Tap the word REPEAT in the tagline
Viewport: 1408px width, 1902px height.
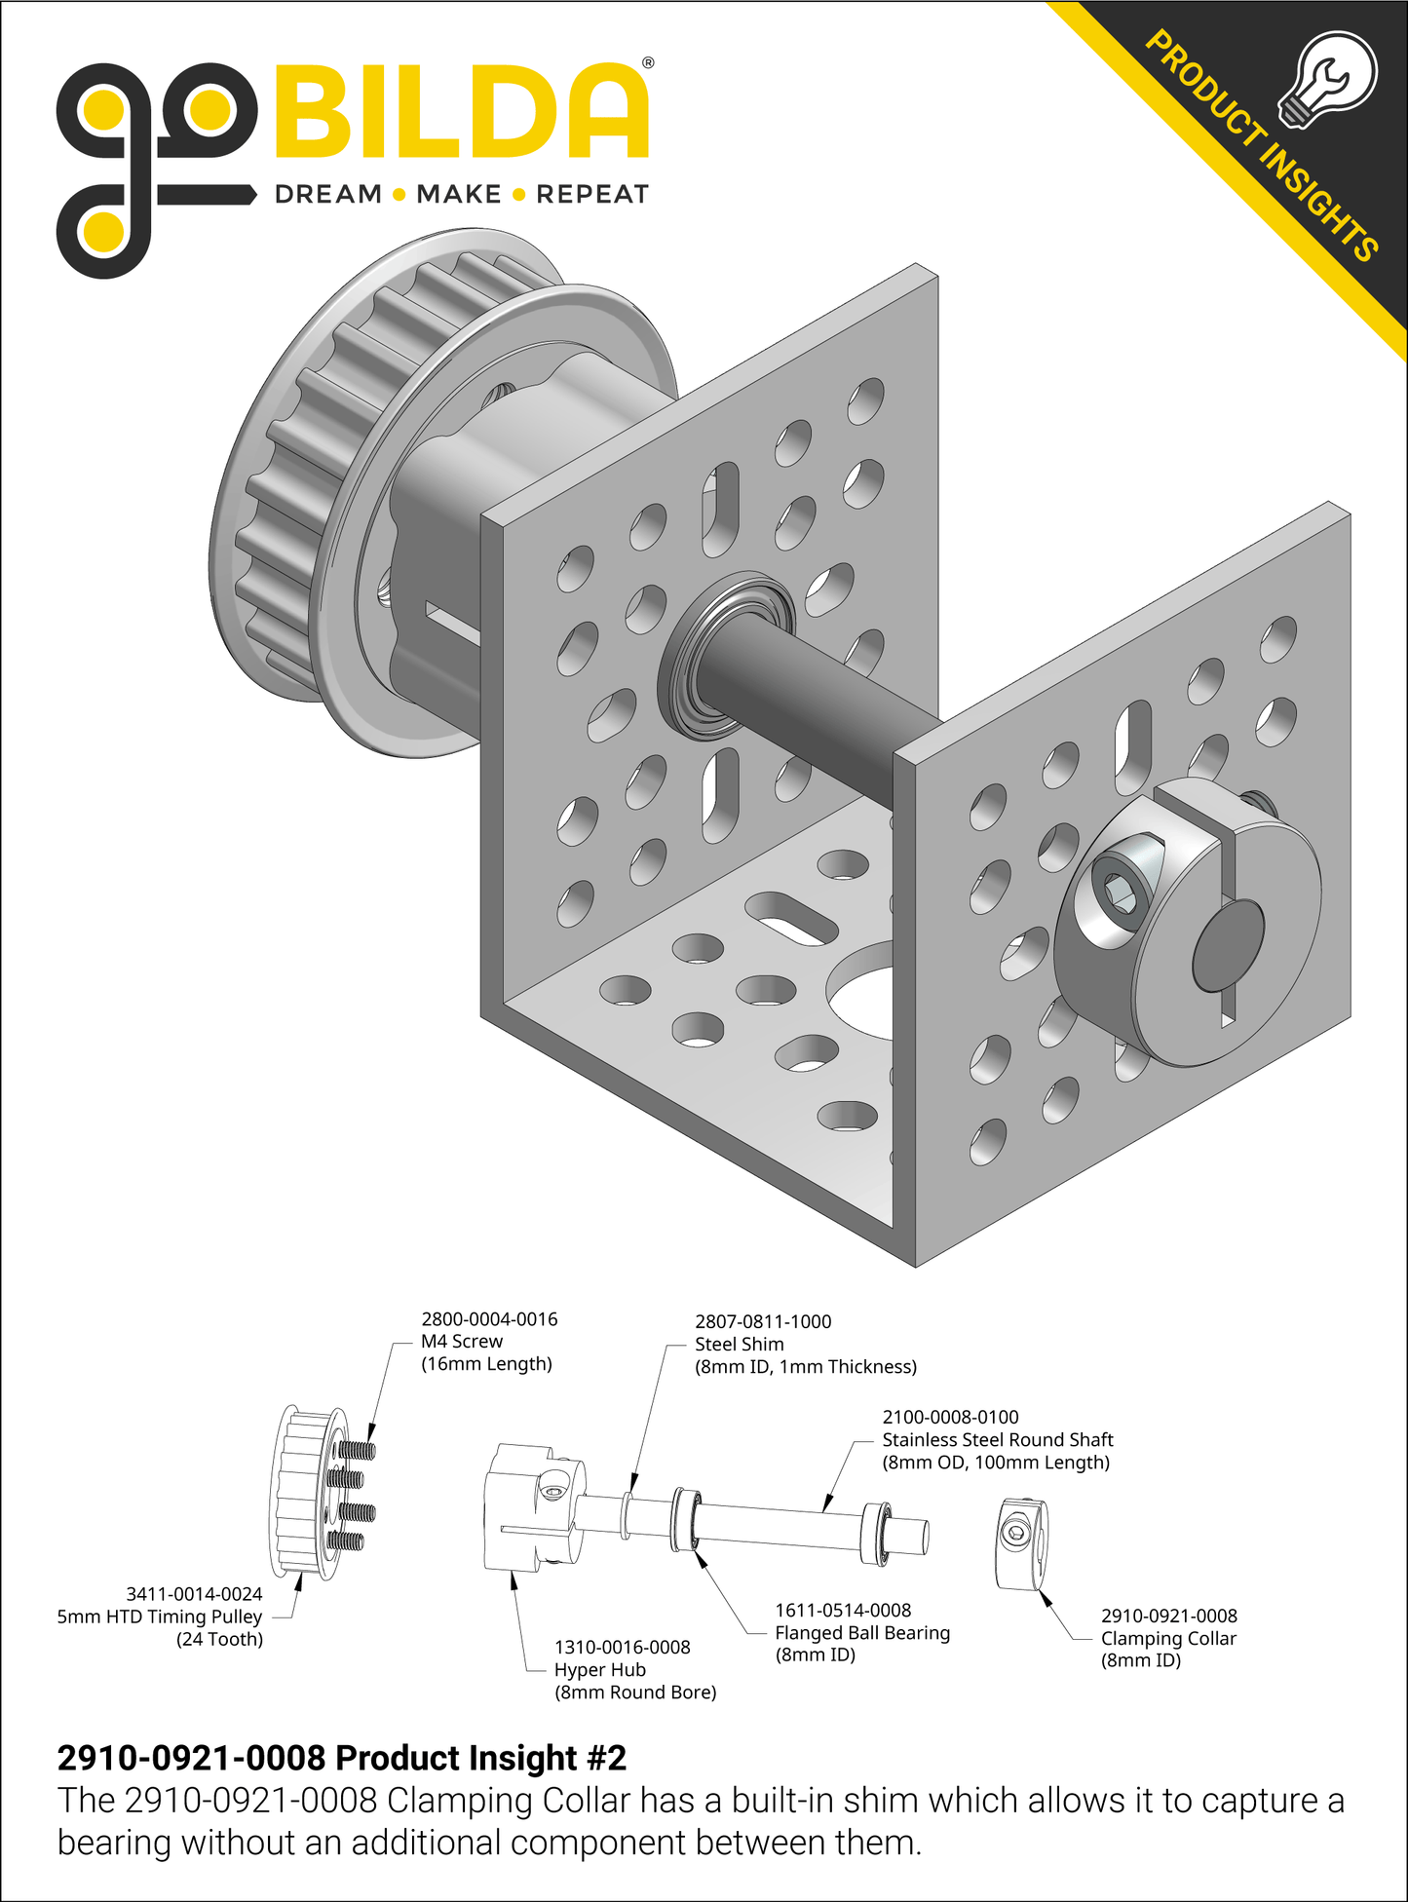click(x=592, y=195)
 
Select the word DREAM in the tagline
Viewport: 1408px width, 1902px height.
click(x=328, y=195)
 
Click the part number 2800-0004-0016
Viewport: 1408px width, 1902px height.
click(x=489, y=1319)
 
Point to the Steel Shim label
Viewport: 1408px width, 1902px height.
click(x=739, y=1345)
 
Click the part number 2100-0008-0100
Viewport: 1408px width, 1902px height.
click(x=950, y=1417)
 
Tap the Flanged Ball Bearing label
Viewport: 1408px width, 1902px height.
click(x=862, y=1633)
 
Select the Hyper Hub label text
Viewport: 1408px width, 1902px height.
click(x=600, y=1670)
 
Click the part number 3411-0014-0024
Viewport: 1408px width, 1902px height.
click(x=194, y=1594)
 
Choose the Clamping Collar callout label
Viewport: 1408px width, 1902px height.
click(x=1168, y=1639)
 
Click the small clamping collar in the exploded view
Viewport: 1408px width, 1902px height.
click(x=1022, y=1544)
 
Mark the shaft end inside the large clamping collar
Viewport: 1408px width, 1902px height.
click(x=1228, y=945)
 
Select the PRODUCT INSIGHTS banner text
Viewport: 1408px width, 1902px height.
click(x=1262, y=146)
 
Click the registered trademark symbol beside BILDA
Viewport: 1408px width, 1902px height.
click(x=648, y=63)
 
